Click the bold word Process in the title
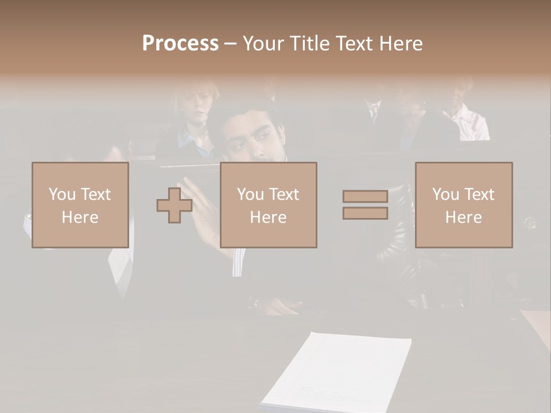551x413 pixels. point(180,44)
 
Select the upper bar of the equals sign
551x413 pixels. point(365,196)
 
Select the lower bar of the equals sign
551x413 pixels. point(365,213)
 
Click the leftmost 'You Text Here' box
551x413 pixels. point(80,205)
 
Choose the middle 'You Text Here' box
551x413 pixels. point(268,205)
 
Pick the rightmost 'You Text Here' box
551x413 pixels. point(464,205)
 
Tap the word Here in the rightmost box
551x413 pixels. point(464,217)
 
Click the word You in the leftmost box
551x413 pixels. point(62,194)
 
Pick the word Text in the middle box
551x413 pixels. point(284,194)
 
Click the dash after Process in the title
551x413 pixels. point(230,44)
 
